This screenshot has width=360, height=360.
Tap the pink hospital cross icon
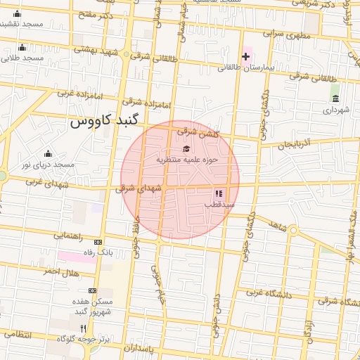246,56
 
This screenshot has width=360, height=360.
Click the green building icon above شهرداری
335,98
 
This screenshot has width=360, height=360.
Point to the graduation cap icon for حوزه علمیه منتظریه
186,148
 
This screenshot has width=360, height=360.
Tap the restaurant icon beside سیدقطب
218,193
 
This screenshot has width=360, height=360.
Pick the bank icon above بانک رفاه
98,241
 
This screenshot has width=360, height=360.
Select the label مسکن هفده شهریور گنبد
91,306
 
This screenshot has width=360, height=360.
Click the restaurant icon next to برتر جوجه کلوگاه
83,328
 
